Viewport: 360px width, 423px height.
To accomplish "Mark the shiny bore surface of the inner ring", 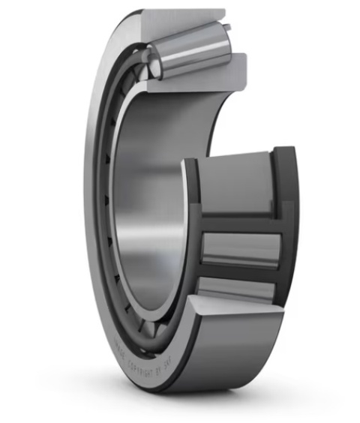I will [x=150, y=202].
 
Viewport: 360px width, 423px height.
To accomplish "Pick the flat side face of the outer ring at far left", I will [x=94, y=225].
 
